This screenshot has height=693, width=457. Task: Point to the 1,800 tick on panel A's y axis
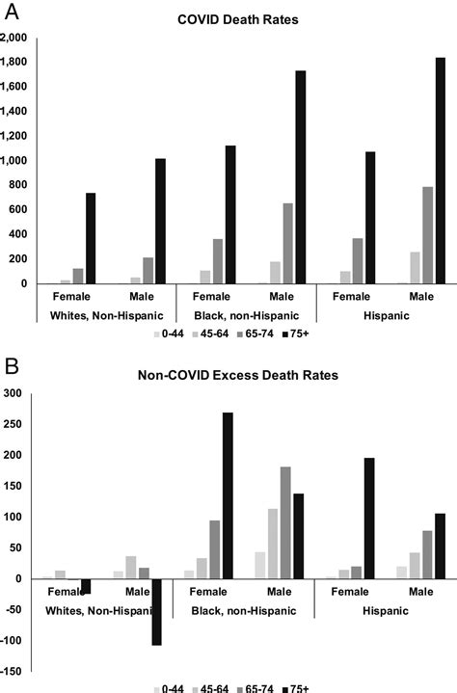pyautogui.click(x=14, y=62)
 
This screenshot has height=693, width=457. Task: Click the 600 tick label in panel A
pyautogui.click(x=19, y=209)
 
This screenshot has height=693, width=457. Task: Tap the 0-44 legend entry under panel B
pyautogui.click(x=175, y=688)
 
